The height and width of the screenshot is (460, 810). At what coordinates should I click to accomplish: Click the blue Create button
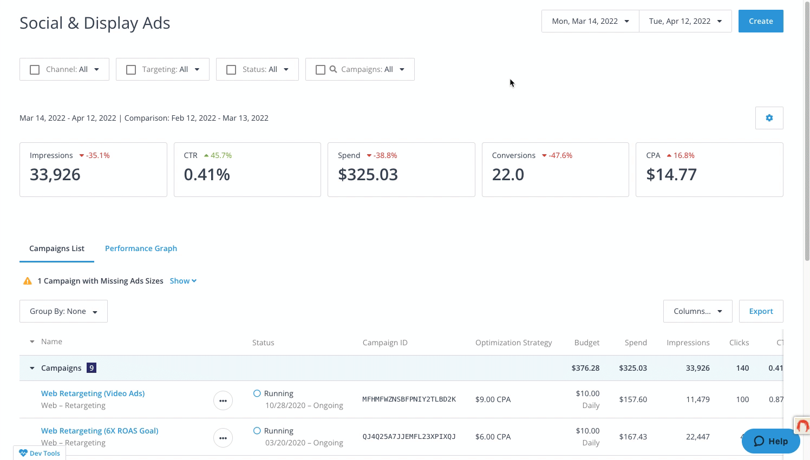click(x=760, y=21)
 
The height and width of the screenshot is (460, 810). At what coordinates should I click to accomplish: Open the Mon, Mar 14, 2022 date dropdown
click(x=590, y=21)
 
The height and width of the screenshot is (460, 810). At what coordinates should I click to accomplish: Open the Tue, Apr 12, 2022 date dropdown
click(x=685, y=21)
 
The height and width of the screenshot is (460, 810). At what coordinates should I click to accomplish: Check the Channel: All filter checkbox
click(x=35, y=70)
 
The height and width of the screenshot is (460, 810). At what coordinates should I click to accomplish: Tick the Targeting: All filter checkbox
click(x=131, y=70)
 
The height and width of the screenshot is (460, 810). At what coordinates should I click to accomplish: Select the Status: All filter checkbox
click(x=231, y=70)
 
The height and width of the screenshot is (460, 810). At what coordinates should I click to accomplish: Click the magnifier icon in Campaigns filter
click(x=334, y=69)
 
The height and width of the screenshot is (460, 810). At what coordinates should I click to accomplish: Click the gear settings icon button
click(x=769, y=118)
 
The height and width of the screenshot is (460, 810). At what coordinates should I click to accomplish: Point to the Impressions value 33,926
click(x=55, y=175)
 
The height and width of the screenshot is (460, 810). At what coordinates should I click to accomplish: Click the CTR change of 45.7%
click(x=220, y=155)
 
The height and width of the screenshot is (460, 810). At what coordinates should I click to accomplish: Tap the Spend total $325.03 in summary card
click(x=368, y=175)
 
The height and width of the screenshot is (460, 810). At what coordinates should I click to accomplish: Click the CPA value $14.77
click(x=671, y=175)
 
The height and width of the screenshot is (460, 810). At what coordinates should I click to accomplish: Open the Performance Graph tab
click(x=141, y=248)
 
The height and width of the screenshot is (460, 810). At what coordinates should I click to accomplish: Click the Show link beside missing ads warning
click(x=182, y=281)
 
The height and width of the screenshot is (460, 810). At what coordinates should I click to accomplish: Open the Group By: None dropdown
click(x=63, y=311)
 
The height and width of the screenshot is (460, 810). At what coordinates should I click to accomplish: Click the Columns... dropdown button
click(x=697, y=311)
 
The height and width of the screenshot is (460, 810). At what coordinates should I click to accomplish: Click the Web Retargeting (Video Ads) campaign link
click(x=93, y=393)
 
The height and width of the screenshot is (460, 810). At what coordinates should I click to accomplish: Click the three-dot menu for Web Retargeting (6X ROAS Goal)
click(x=223, y=438)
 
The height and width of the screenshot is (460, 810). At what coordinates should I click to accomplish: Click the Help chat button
click(x=770, y=441)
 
